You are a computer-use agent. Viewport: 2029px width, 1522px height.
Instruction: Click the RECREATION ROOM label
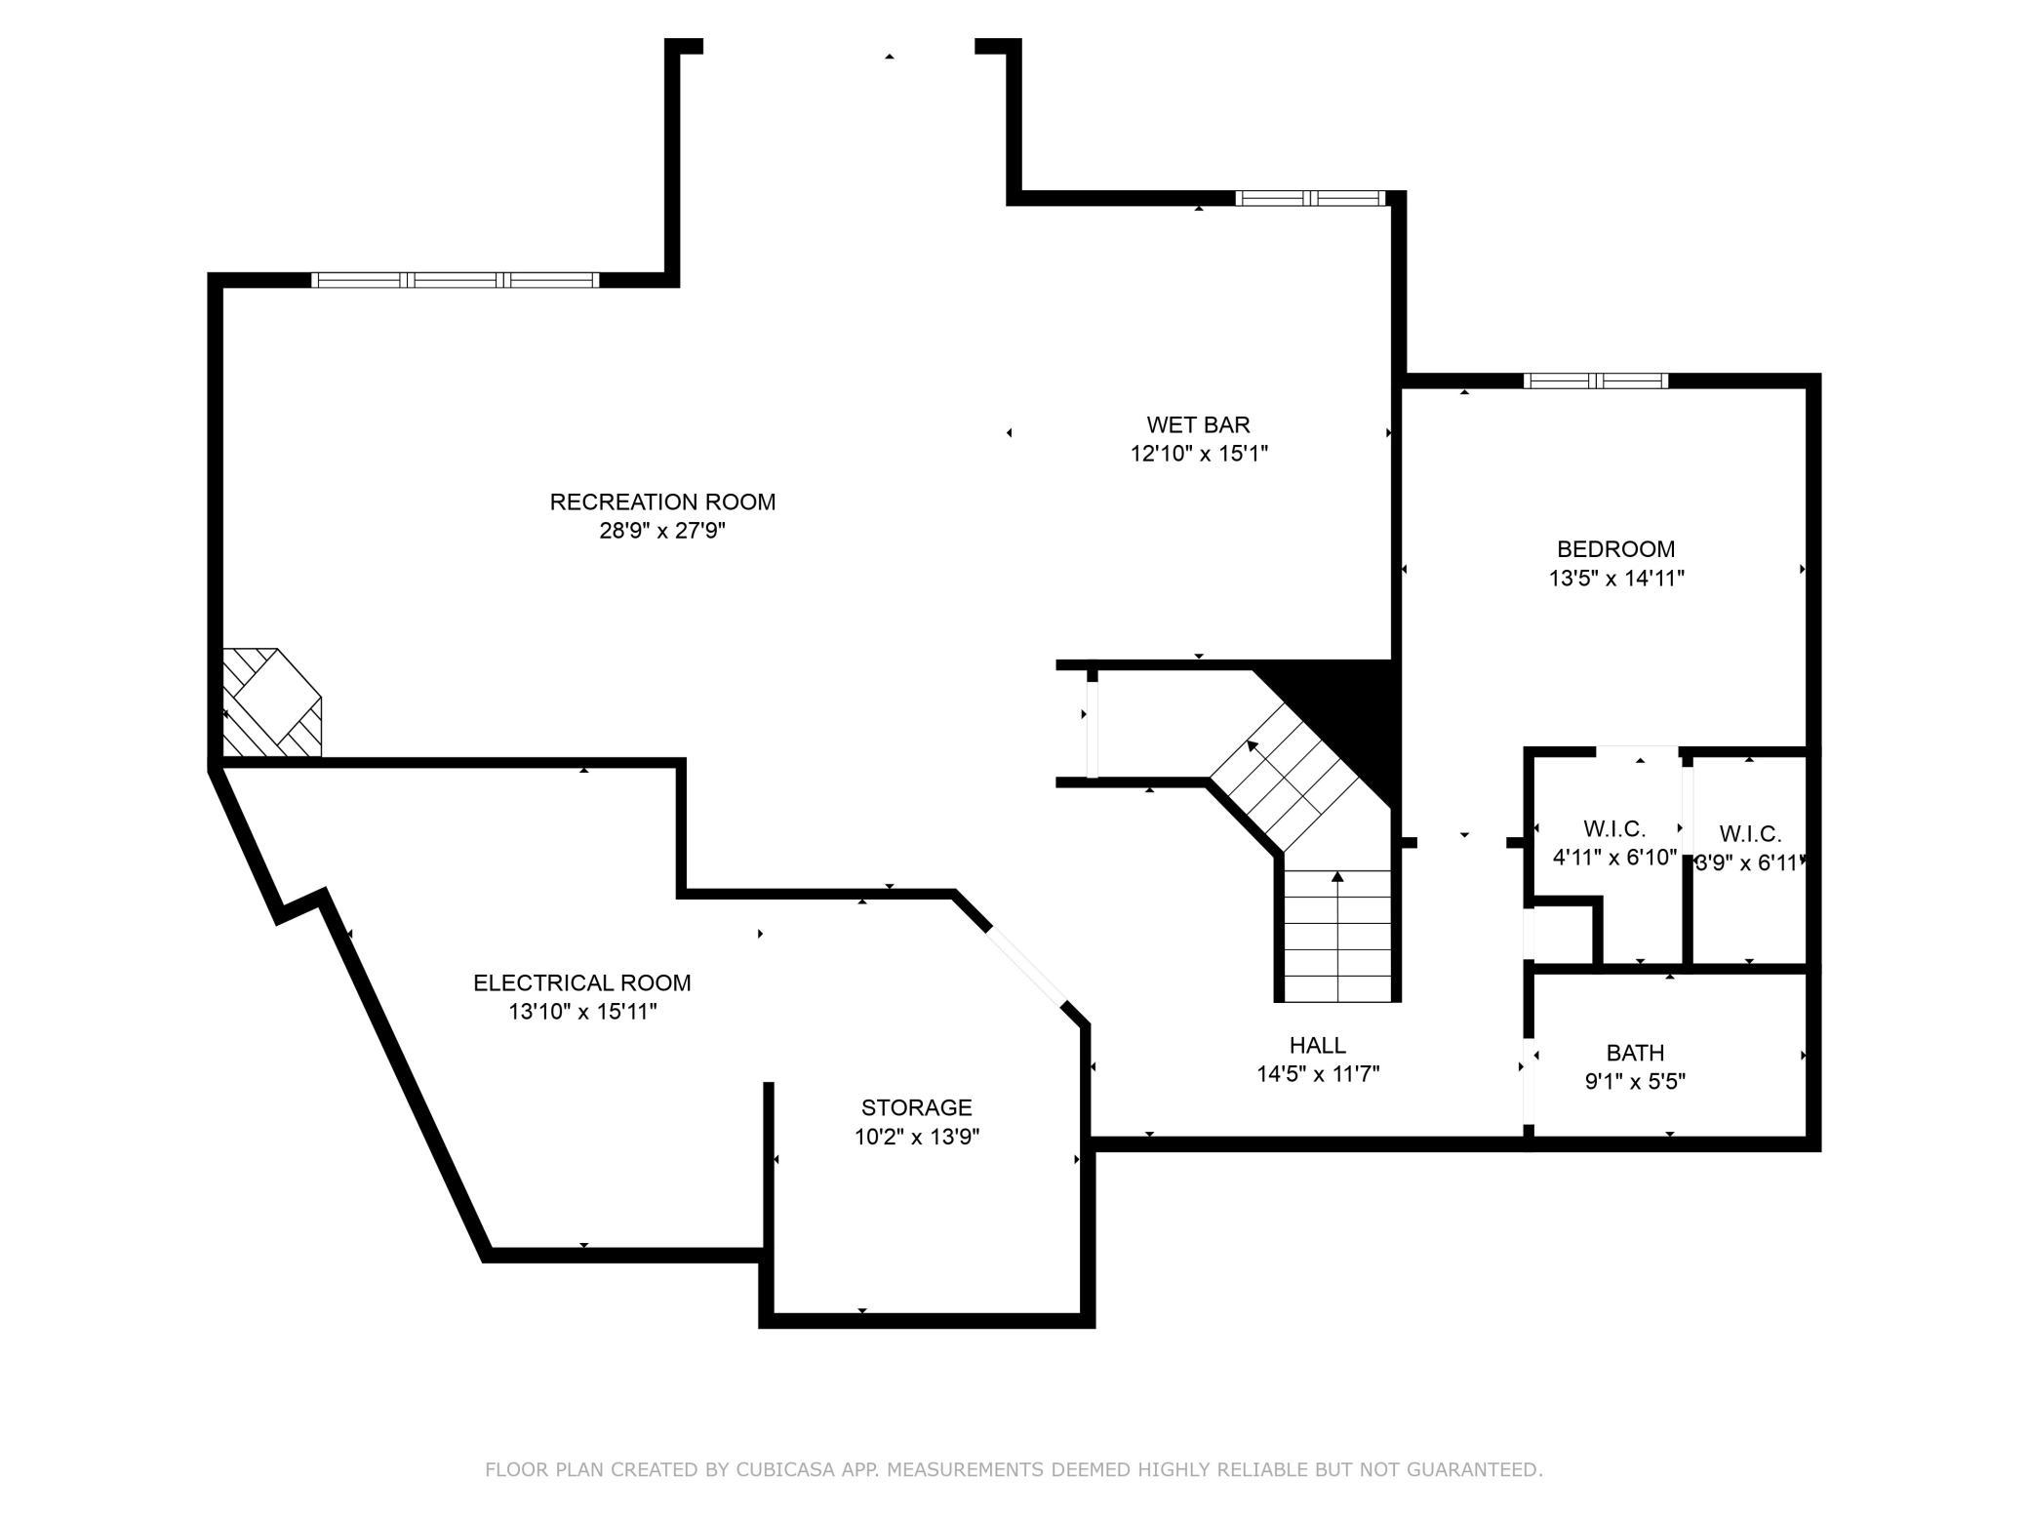pyautogui.click(x=662, y=501)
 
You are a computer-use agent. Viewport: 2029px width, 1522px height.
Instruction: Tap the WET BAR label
pyautogui.click(x=1198, y=424)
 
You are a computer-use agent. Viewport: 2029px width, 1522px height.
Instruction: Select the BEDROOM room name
pyautogui.click(x=1615, y=549)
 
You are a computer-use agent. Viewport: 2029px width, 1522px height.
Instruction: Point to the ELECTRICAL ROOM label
pyautogui.click(x=582, y=982)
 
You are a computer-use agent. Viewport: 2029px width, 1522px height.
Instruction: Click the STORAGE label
pyautogui.click(x=916, y=1107)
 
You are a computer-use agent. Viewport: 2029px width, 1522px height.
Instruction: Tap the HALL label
pyautogui.click(x=1318, y=1045)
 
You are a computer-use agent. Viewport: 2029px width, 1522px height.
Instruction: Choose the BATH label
pyautogui.click(x=1635, y=1053)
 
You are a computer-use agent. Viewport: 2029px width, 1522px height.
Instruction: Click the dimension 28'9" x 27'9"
pyautogui.click(x=662, y=531)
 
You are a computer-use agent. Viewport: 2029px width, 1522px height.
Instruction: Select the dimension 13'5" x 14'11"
pyautogui.click(x=1616, y=578)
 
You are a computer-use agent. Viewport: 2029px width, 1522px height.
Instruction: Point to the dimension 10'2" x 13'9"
pyautogui.click(x=917, y=1137)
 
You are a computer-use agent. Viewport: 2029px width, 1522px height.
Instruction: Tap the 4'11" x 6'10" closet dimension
pyautogui.click(x=1614, y=858)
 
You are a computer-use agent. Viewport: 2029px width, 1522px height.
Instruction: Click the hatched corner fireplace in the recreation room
pyautogui.click(x=271, y=702)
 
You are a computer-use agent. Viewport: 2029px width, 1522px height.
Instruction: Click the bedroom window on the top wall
pyautogui.click(x=1596, y=380)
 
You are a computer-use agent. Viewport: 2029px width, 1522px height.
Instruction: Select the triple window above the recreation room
pyautogui.click(x=455, y=280)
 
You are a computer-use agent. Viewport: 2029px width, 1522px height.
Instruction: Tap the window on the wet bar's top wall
pyautogui.click(x=1310, y=198)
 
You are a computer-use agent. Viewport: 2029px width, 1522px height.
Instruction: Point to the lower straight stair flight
pyautogui.click(x=1336, y=935)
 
